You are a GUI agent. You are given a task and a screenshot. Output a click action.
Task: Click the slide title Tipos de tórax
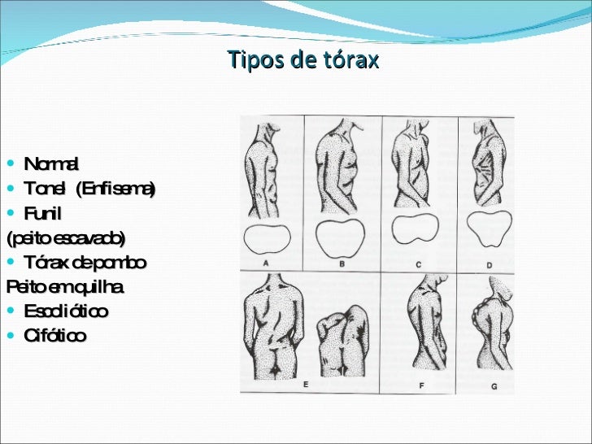(x=303, y=61)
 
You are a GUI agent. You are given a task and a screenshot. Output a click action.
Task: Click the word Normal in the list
(x=51, y=165)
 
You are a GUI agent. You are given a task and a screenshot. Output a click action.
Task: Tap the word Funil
(x=43, y=213)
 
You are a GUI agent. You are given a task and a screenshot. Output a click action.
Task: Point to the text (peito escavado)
(x=66, y=238)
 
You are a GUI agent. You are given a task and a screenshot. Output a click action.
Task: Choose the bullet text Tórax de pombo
(x=85, y=263)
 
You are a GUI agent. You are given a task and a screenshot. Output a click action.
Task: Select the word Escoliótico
(x=66, y=311)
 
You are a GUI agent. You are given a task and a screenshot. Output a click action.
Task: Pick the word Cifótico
(x=54, y=336)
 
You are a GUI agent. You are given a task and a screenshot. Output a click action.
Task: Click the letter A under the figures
(x=268, y=263)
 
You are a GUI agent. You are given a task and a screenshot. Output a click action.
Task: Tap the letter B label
(x=342, y=263)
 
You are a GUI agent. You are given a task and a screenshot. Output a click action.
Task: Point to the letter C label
(x=418, y=263)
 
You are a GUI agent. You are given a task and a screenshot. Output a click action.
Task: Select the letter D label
(x=489, y=264)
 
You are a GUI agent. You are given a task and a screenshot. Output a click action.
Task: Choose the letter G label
(x=494, y=386)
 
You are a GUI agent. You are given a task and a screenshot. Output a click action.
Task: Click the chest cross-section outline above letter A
(x=269, y=239)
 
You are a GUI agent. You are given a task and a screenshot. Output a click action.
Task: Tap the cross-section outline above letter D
(x=488, y=229)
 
